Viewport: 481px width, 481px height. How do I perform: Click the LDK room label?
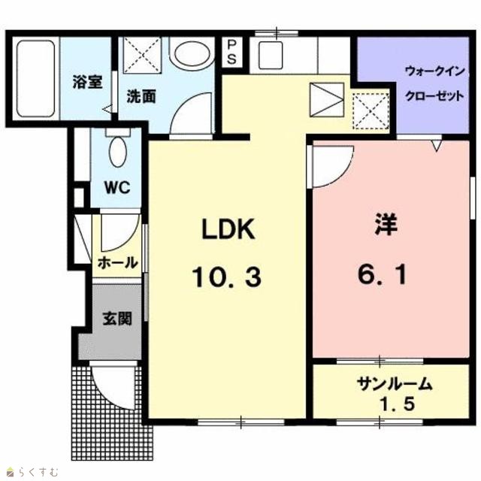coord(228,228)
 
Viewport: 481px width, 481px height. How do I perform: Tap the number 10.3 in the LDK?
coord(227,277)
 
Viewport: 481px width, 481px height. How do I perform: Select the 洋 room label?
coord(386,225)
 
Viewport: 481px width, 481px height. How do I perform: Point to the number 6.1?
coord(383,274)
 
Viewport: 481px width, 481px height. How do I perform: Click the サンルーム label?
coord(395,384)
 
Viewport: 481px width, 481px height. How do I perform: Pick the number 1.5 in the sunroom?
coord(398,404)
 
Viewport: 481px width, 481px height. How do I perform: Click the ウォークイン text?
coord(434,72)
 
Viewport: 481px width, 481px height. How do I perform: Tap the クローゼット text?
coord(434,96)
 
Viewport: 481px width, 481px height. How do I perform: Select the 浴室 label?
coord(87,82)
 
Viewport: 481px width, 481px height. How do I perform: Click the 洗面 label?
coord(141,96)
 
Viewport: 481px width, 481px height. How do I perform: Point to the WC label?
coord(117,187)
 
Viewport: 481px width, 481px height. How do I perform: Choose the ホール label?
coord(117,263)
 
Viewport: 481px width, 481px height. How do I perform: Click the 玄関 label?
coord(117,318)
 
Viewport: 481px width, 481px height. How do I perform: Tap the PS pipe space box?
coord(231,52)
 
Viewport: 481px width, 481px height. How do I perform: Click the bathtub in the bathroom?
coord(36,79)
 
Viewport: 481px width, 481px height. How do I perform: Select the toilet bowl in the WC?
coord(118,152)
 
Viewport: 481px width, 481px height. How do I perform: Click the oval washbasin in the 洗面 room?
coord(192,53)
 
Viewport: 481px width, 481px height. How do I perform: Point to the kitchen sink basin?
coord(271,56)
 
